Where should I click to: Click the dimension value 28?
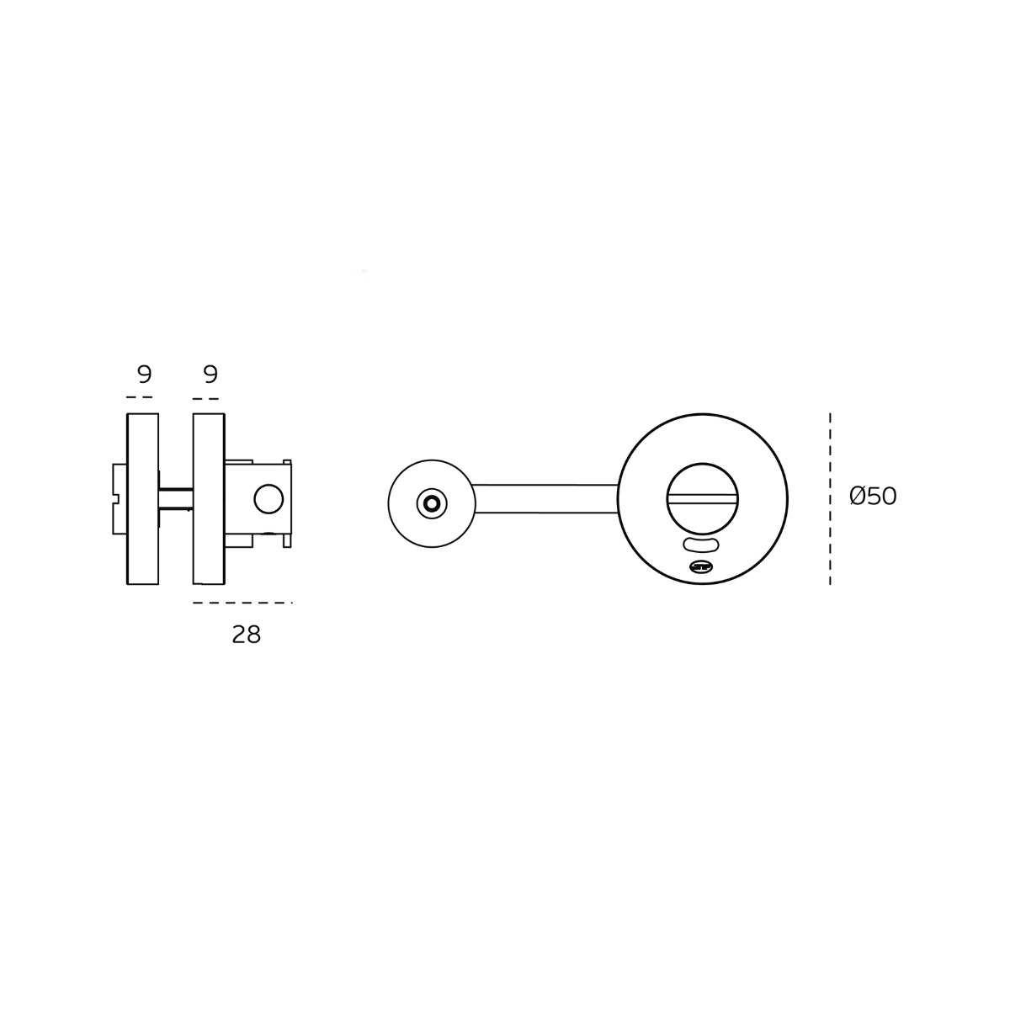[x=247, y=635]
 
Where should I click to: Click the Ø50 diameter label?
[x=873, y=496]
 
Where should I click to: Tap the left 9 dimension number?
[x=145, y=375]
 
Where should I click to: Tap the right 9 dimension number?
[x=210, y=375]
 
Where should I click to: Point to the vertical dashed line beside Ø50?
[x=830, y=498]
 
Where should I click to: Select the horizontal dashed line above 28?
[x=242, y=603]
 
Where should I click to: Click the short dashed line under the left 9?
[x=140, y=397]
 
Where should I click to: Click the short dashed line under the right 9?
[x=205, y=399]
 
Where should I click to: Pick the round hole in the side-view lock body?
[x=268, y=498]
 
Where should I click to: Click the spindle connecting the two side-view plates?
[x=176, y=498]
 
